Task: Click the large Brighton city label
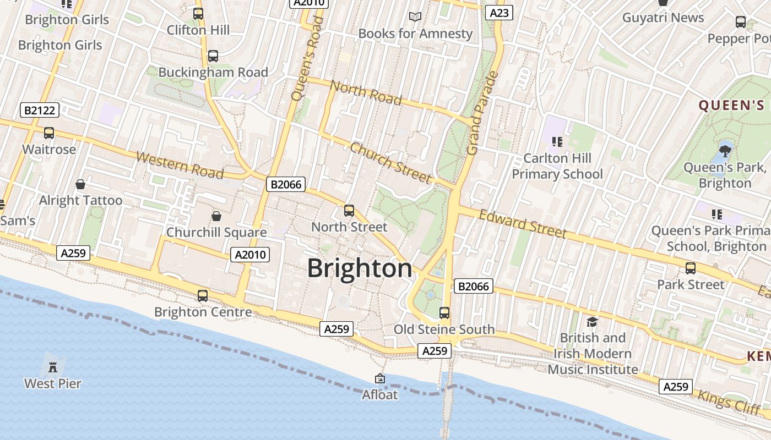pyautogui.click(x=359, y=268)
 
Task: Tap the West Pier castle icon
pyautogui.click(x=53, y=367)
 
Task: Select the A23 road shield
pyautogui.click(x=499, y=13)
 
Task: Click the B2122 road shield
pyautogui.click(x=40, y=110)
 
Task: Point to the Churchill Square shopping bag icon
pyautogui.click(x=216, y=216)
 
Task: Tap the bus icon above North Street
pyautogui.click(x=349, y=210)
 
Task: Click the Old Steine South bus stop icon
pyautogui.click(x=444, y=313)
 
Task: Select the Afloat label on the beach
pyautogui.click(x=379, y=394)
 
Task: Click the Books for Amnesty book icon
pyautogui.click(x=415, y=17)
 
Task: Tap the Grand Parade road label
pyautogui.click(x=481, y=113)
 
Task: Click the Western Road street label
pyautogui.click(x=180, y=166)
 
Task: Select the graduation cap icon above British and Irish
pyautogui.click(x=592, y=322)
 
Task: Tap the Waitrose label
pyautogui.click(x=49, y=150)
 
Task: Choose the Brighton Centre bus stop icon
pyautogui.click(x=203, y=296)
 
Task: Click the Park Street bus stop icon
pyautogui.click(x=690, y=268)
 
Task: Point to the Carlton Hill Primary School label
pyautogui.click(x=557, y=166)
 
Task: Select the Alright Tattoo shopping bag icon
pyautogui.click(x=80, y=184)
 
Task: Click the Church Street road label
pyautogui.click(x=390, y=163)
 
